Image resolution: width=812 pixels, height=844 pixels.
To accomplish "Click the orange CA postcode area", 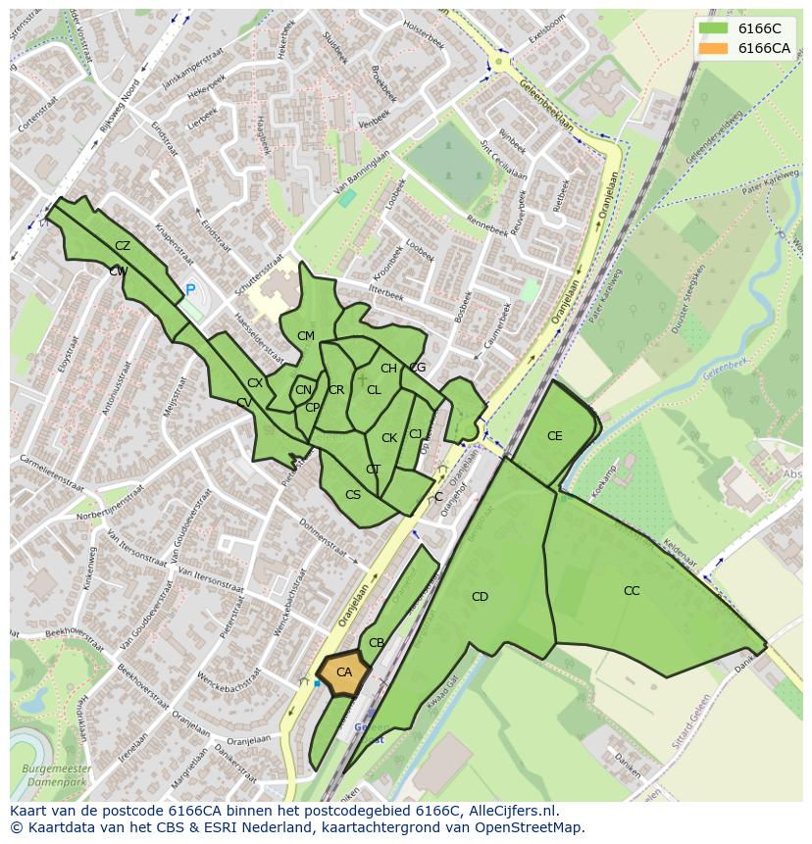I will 343,673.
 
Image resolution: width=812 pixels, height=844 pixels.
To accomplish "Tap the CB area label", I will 376,643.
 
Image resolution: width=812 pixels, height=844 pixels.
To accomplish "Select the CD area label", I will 480,596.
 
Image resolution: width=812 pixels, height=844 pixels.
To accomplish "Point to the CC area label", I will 631,590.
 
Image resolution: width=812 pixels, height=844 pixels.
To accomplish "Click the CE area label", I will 555,436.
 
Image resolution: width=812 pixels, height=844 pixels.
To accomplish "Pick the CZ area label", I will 123,246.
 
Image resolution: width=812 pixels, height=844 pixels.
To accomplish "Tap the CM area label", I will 306,336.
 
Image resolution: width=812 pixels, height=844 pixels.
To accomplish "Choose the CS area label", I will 353,495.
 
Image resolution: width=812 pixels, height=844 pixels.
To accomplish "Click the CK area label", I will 389,438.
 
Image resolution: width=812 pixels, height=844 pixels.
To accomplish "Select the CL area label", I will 374,389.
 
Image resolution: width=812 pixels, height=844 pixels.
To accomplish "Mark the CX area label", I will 255,383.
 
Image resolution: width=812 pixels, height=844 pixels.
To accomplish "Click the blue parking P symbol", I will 190,290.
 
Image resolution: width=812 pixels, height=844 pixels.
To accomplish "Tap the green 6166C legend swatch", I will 713,28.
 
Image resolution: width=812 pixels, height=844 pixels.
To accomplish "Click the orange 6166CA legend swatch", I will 713,48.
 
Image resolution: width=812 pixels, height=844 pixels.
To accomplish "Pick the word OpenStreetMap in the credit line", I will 533,827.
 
